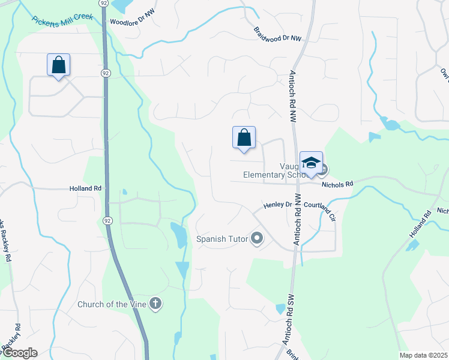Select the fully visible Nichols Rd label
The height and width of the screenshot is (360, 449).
click(x=338, y=185)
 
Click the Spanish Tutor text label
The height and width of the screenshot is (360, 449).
click(x=222, y=239)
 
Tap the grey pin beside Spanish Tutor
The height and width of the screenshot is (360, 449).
click(x=257, y=239)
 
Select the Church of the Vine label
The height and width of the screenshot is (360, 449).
click(x=112, y=304)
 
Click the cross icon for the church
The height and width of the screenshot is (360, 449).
click(x=155, y=304)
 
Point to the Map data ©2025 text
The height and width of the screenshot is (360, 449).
click(x=423, y=355)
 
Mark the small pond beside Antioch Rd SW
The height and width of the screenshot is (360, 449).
click(x=280, y=309)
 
